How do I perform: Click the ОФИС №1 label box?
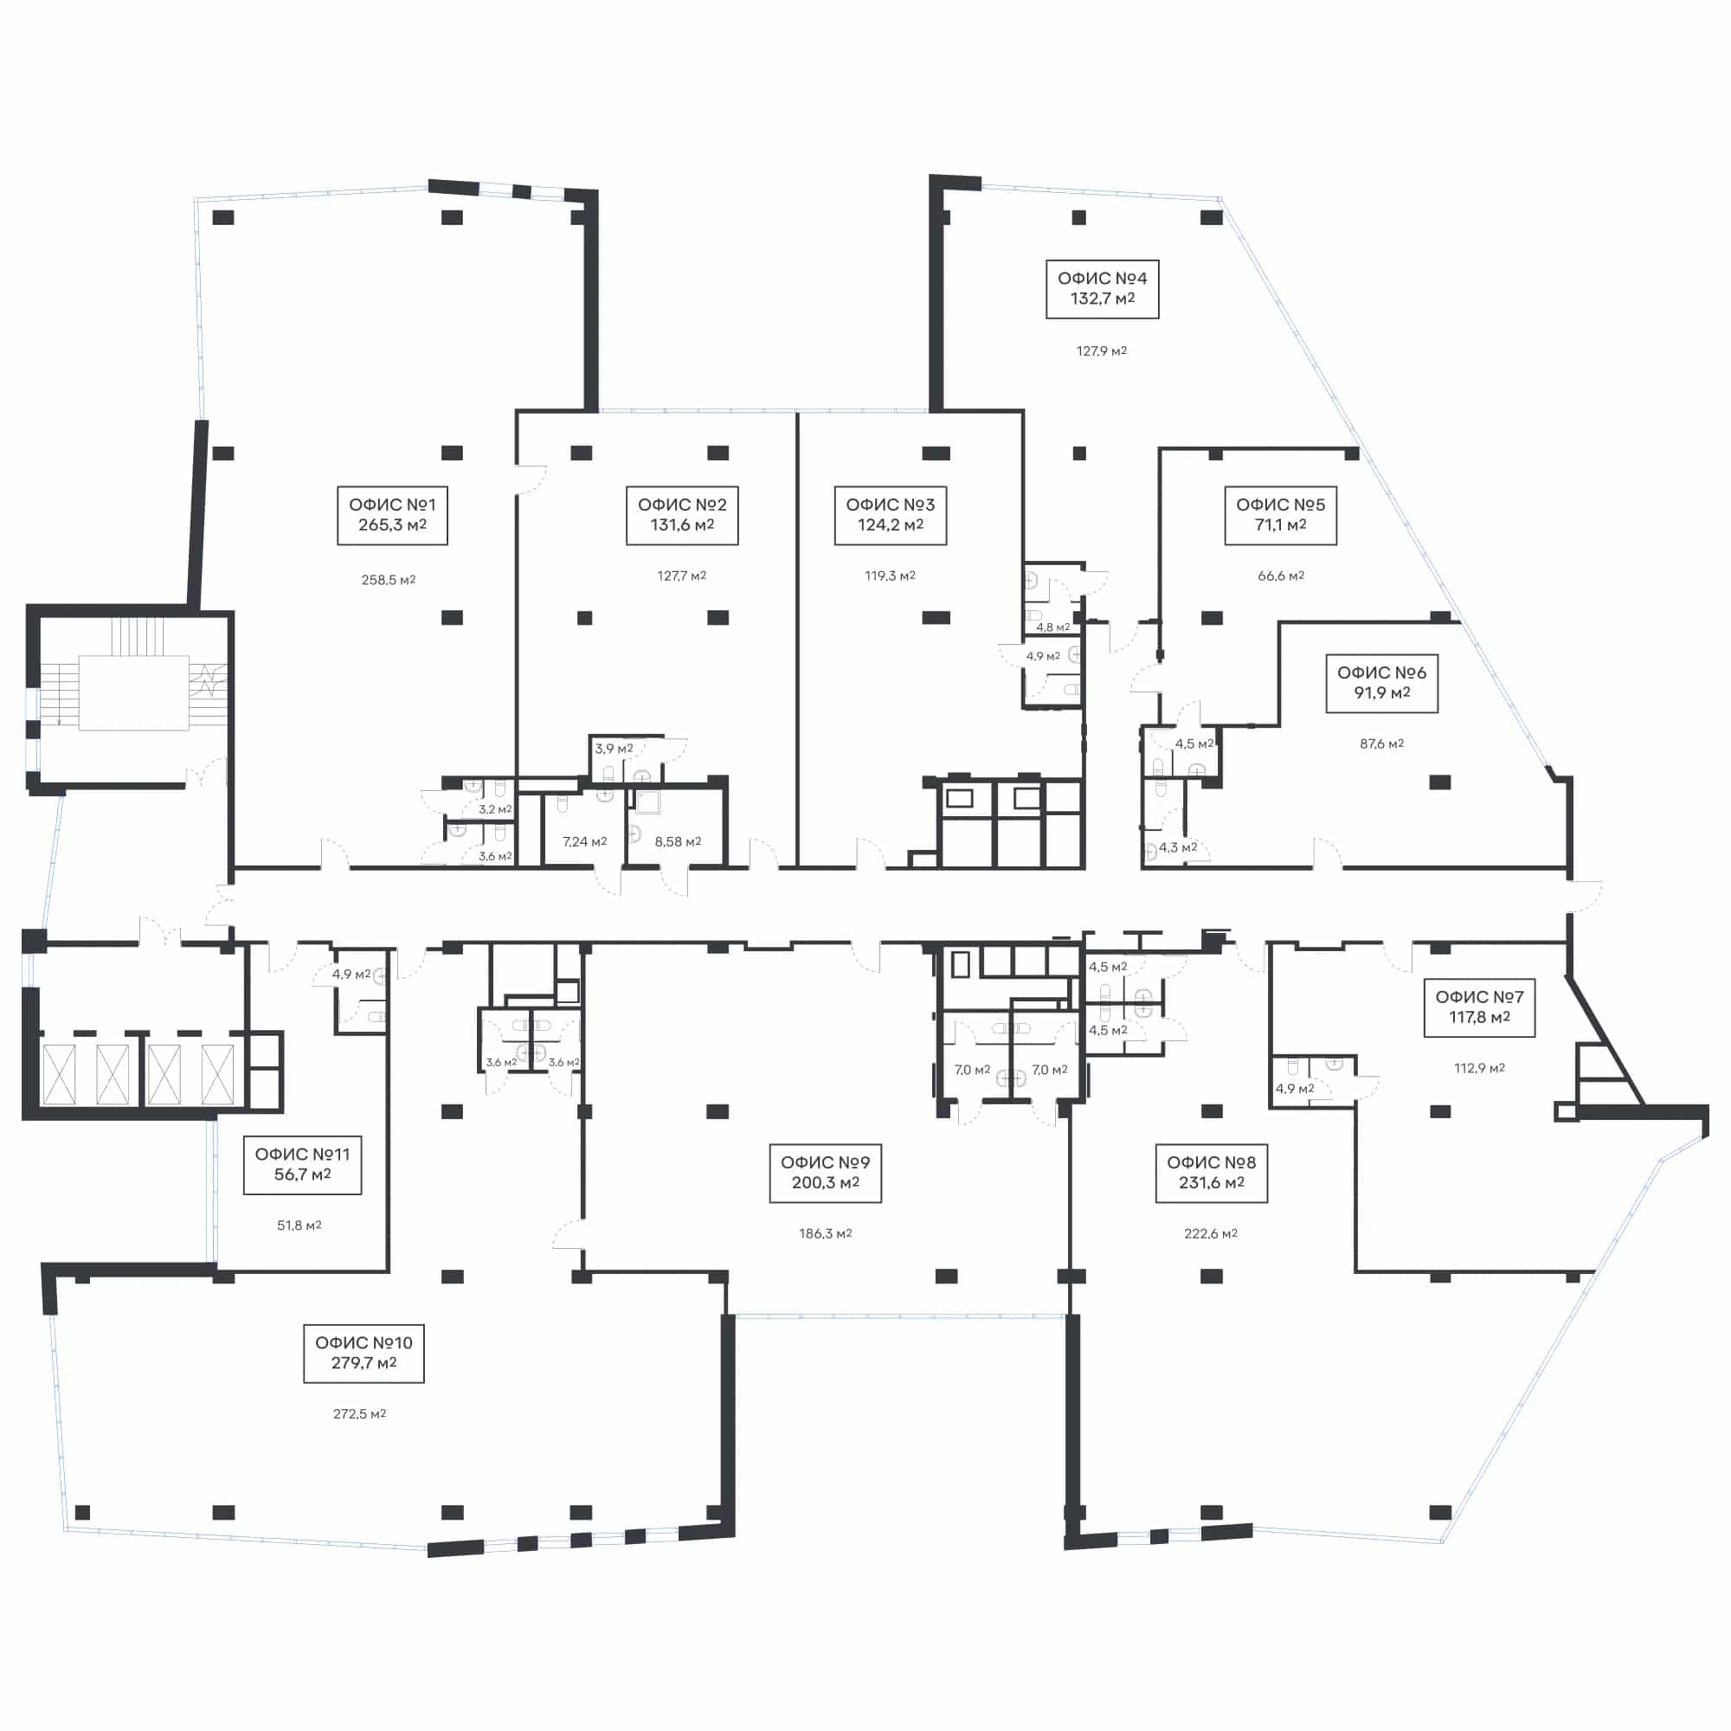[x=392, y=515]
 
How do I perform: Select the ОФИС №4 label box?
[x=1102, y=288]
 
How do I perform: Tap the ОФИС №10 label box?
[x=364, y=1353]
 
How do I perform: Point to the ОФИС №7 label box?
[x=1479, y=1007]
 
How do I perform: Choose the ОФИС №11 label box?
[x=302, y=1165]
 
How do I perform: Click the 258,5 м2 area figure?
[x=388, y=580]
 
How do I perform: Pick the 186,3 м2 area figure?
[x=825, y=1233]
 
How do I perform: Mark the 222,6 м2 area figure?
[x=1211, y=1233]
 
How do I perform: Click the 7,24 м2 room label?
[x=584, y=841]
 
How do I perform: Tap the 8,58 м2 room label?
[x=678, y=841]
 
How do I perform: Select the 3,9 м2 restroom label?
[x=614, y=748]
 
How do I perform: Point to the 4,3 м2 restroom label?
[x=1177, y=846]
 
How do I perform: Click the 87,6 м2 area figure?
[x=1381, y=743]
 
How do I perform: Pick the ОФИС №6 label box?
[x=1381, y=683]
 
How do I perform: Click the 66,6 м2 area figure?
[x=1280, y=576]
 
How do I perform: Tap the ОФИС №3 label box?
[x=890, y=515]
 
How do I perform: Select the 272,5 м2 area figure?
[x=359, y=1414]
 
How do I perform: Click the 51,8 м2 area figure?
[x=299, y=1225]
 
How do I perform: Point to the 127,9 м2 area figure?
[x=1101, y=351]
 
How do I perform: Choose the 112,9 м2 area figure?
[x=1478, y=1068]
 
